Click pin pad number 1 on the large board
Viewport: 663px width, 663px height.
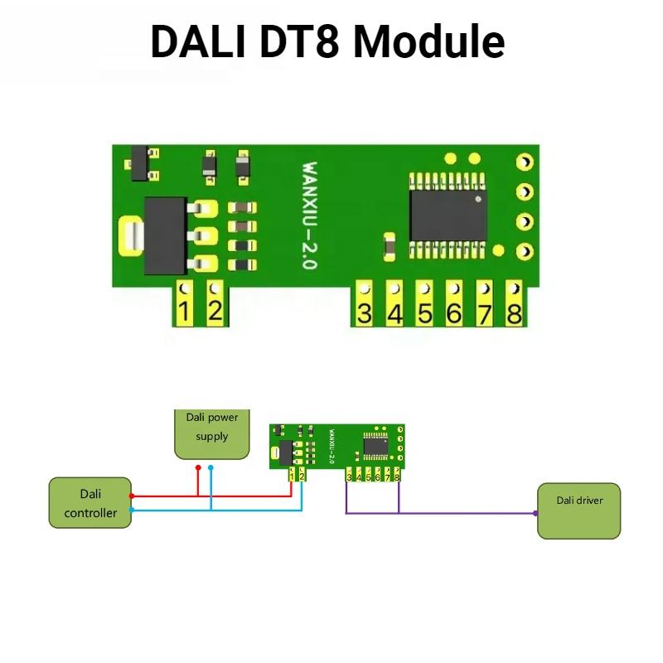click(x=184, y=305)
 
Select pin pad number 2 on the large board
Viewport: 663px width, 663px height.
click(x=215, y=305)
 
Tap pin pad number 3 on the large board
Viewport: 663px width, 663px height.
click(x=364, y=306)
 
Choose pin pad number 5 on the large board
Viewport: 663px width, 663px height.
click(x=424, y=306)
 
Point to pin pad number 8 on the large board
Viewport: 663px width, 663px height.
click(x=514, y=306)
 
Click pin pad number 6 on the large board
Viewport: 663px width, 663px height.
click(x=454, y=306)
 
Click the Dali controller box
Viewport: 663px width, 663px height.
click(x=90, y=501)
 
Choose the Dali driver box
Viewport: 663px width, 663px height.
click(x=579, y=511)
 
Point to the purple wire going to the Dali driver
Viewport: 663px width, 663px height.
click(x=464, y=513)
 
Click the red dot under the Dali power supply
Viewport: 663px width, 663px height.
click(x=198, y=467)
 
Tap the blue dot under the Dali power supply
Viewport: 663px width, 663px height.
click(x=211, y=467)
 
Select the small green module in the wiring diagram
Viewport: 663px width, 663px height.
click(x=336, y=452)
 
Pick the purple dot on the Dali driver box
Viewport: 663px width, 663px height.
click(x=537, y=513)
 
